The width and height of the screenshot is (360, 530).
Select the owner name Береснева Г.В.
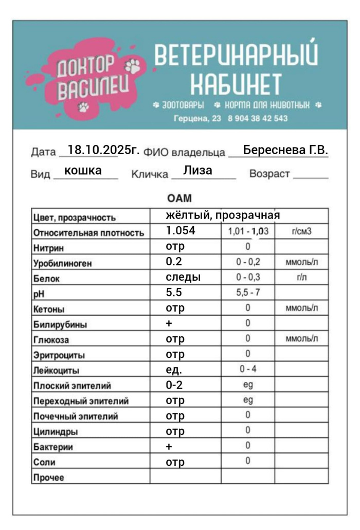tap(285, 150)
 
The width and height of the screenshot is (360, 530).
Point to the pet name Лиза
tap(197, 171)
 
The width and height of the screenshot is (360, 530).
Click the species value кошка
tap(83, 171)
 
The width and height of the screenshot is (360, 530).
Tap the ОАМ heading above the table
tap(179, 198)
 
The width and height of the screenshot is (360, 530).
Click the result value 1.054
tap(181, 231)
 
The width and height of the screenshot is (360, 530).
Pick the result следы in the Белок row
tap(183, 277)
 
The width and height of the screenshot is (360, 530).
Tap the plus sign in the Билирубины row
tap(169, 324)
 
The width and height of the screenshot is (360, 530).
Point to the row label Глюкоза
tap(51, 340)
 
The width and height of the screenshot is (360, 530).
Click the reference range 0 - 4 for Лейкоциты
tap(248, 369)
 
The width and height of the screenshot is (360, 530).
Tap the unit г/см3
tap(301, 231)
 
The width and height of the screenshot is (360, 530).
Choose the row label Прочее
tap(49, 478)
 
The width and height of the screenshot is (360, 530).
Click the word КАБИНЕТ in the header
tap(236, 84)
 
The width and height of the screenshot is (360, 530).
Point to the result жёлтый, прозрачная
tap(223, 215)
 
